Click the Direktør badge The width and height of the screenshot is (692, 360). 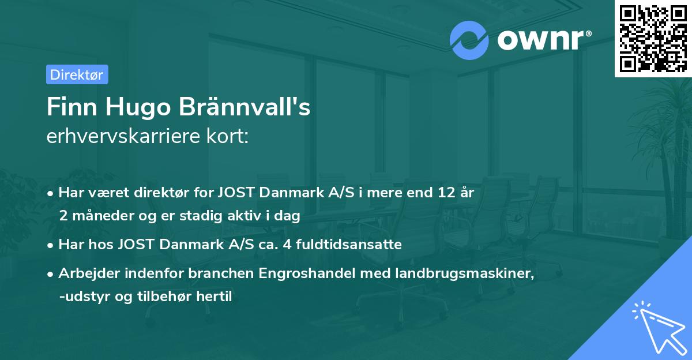(x=77, y=74)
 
